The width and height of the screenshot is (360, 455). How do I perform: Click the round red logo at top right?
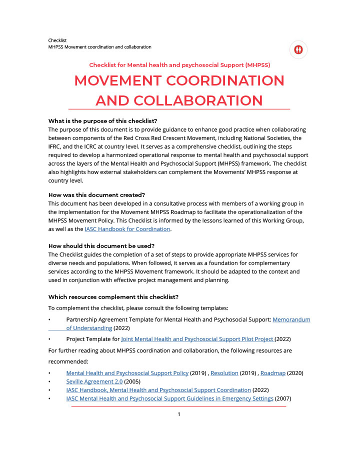tap(298, 49)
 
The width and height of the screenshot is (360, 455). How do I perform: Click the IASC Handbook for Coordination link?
tap(127, 229)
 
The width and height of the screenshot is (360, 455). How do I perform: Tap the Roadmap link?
tap(272, 373)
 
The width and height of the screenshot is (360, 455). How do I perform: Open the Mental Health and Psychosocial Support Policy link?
tap(127, 373)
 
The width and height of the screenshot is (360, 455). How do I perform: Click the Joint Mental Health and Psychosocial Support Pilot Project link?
tap(197, 339)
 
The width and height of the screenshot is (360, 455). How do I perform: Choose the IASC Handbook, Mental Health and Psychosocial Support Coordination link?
tap(158, 390)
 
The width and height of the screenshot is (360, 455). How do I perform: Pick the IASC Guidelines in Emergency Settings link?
tap(169, 398)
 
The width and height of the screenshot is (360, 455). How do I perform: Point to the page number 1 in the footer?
tap(179, 414)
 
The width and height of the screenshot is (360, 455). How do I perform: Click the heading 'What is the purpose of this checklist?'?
tap(102, 121)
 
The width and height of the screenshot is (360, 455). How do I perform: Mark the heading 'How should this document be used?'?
tap(101, 245)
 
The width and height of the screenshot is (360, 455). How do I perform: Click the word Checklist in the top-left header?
tap(57, 40)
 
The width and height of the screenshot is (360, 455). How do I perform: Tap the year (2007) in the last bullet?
tap(283, 398)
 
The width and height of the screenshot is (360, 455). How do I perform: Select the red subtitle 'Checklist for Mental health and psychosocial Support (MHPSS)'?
tap(179, 65)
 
